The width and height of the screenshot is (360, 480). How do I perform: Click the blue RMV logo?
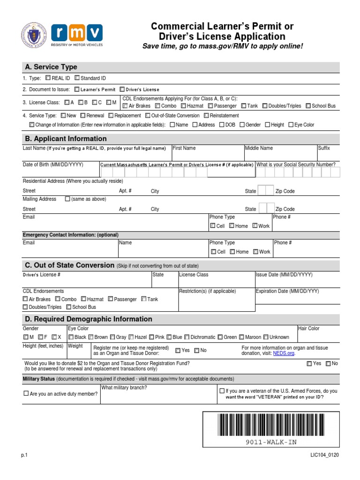77,33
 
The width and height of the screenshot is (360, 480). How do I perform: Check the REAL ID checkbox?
48,78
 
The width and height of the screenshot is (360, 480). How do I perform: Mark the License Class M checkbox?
108,102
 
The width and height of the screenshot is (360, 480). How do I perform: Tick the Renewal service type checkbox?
83,115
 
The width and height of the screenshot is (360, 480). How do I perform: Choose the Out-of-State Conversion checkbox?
148,115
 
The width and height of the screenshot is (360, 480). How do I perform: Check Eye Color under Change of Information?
291,125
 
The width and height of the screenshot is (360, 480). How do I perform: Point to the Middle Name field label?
259,148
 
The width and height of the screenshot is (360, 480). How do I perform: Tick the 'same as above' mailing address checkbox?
67,199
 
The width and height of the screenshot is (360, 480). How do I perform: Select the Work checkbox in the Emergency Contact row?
255,252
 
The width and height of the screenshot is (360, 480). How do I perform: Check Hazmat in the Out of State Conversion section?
83,299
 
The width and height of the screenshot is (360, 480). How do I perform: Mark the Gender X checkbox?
54,337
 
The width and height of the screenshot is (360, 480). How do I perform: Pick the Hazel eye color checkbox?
131,337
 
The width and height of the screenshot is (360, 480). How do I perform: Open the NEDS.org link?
284,353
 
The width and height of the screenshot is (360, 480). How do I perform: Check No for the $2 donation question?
328,363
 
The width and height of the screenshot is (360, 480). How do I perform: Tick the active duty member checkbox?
26,394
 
